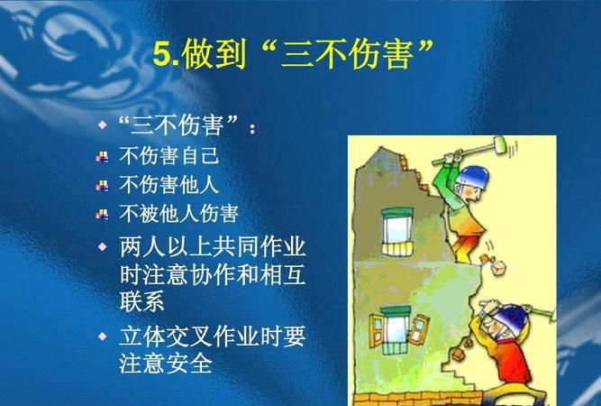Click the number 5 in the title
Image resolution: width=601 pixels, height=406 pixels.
[x=161, y=55]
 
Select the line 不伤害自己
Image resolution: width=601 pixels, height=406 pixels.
[x=168, y=155]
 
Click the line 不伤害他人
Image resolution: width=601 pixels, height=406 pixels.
[x=168, y=184]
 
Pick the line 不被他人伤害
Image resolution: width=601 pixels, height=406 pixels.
[x=178, y=214]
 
